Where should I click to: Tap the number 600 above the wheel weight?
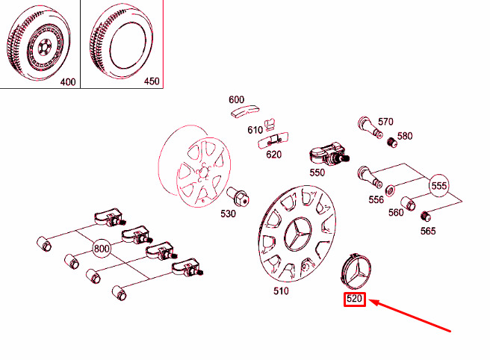pos(237,99)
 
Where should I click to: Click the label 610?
pos(255,129)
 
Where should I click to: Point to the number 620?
pos(273,155)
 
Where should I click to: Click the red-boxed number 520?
pos(353,300)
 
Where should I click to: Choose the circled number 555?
pos(438,184)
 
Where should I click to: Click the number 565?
pos(428,231)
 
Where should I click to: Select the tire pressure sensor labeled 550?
pos(326,158)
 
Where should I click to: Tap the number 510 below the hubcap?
pos(280,291)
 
